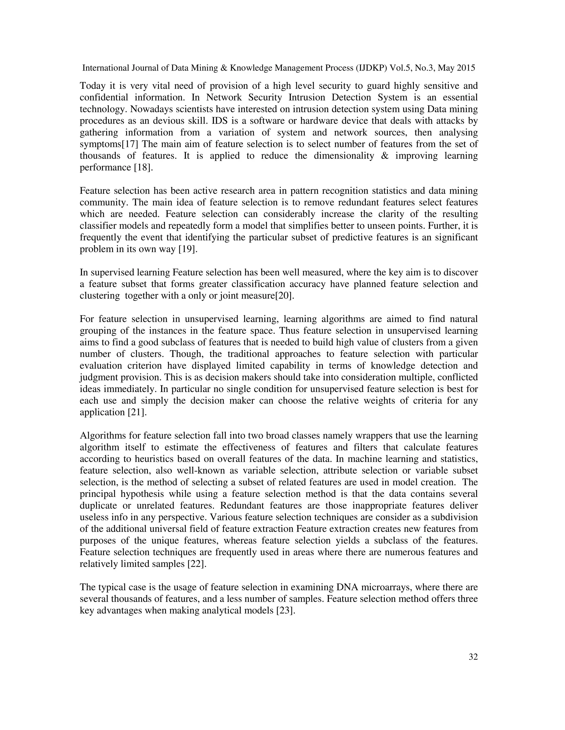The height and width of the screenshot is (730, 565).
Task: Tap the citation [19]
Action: click(x=187, y=249)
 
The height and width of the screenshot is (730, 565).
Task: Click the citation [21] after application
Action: click(x=138, y=412)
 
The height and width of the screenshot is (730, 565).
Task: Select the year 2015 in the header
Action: click(x=466, y=68)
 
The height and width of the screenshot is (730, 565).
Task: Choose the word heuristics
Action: click(x=155, y=459)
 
